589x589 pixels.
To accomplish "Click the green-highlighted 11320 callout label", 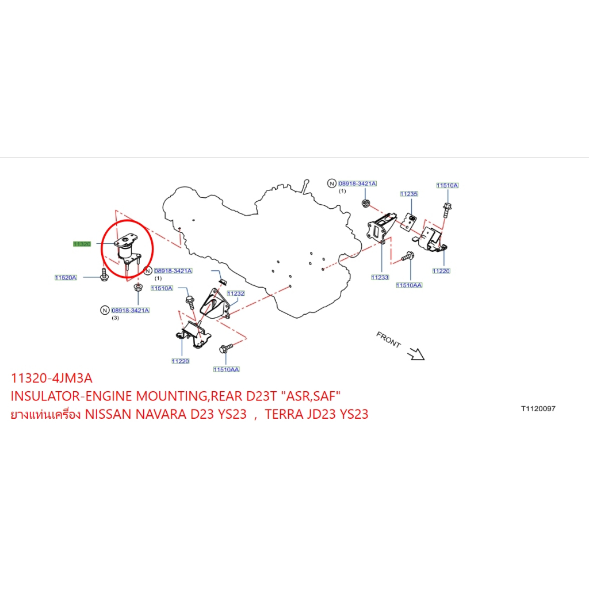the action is pyautogui.click(x=82, y=244).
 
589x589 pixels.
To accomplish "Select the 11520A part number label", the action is pyautogui.click(x=66, y=278).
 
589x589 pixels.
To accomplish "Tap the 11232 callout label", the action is pyautogui.click(x=236, y=293).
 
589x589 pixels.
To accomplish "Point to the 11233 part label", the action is pyautogui.click(x=380, y=277).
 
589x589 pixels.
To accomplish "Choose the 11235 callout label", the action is pyautogui.click(x=409, y=194).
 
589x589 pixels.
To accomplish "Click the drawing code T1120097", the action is pyautogui.click(x=538, y=409).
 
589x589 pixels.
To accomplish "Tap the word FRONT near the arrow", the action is pyautogui.click(x=389, y=339).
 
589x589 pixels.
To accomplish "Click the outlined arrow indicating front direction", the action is pyautogui.click(x=416, y=354).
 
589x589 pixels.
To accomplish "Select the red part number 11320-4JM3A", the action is pyautogui.click(x=51, y=378).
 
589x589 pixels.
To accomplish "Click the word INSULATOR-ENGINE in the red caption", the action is pyautogui.click(x=71, y=396).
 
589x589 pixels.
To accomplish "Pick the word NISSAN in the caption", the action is pyautogui.click(x=108, y=414).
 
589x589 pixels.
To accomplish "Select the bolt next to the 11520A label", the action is pyautogui.click(x=105, y=274).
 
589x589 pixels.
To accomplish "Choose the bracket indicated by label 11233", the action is pyautogui.click(x=381, y=228).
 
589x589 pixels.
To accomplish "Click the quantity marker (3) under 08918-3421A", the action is pyautogui.click(x=115, y=318).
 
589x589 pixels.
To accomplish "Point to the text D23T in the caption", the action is pyautogui.click(x=262, y=396).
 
